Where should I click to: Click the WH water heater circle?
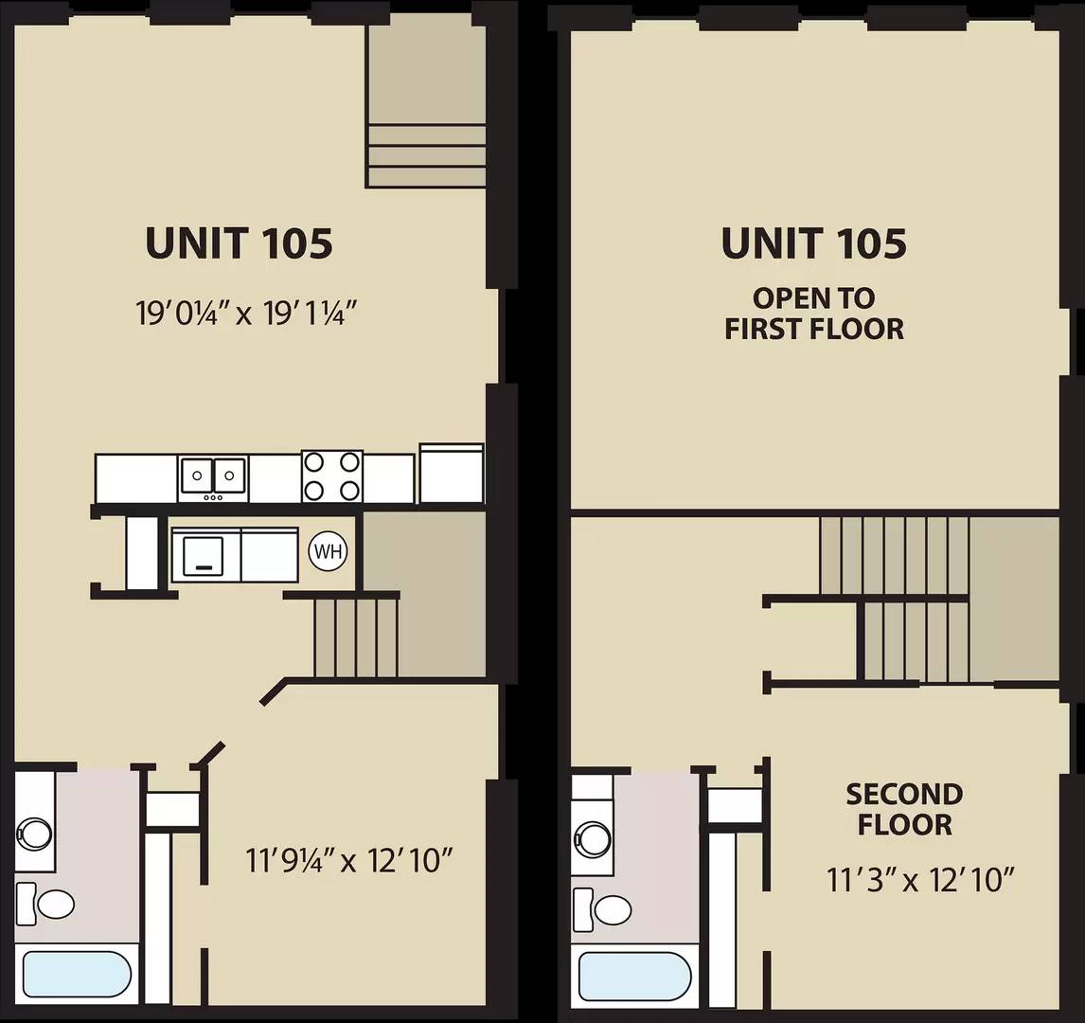[328, 551]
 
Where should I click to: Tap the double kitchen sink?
[213, 478]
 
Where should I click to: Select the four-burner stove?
[332, 476]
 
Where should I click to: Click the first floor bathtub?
[77, 975]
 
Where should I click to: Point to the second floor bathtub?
[634, 976]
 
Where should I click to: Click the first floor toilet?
[45, 904]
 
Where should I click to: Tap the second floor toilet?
[602, 909]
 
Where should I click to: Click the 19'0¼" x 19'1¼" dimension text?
[245, 314]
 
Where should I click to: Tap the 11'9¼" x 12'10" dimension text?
[348, 860]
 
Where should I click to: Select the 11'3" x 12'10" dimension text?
[920, 880]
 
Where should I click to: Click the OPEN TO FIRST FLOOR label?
[814, 314]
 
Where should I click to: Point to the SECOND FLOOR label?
[904, 809]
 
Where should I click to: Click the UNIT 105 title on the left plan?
[239, 242]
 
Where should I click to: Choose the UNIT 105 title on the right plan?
[814, 242]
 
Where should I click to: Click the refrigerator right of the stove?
[452, 474]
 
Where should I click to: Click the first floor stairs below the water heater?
[356, 637]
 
